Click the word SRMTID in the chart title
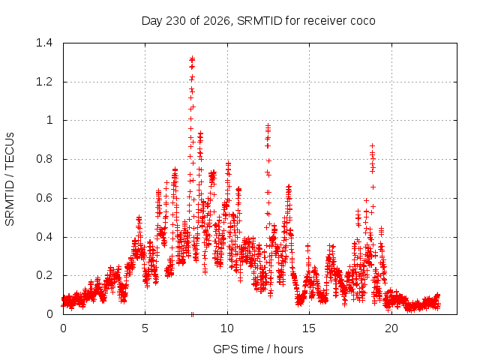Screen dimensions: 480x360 [x=259, y=21]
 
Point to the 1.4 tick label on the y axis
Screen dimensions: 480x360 [x=44, y=43]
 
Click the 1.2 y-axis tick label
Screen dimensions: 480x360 [x=44, y=82]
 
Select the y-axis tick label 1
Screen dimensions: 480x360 [x=49, y=120]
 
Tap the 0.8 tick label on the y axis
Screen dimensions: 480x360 [x=44, y=159]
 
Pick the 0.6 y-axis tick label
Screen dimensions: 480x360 [x=44, y=198]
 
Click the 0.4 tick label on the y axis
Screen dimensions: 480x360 [x=44, y=237]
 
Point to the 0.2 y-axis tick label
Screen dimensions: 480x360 [x=44, y=275]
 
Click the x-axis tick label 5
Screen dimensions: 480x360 [x=145, y=328]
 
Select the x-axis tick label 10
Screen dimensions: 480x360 [x=227, y=328]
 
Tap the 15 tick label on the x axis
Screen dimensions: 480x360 [x=309, y=328]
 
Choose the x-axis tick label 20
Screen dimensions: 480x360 [x=391, y=328]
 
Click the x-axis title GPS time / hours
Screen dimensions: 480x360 [x=258, y=349]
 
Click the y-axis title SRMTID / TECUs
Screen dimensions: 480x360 [x=10, y=179]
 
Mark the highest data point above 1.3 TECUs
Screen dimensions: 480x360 [x=192, y=58]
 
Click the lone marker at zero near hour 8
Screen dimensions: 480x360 [x=192, y=314]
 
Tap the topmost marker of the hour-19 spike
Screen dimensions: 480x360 [x=372, y=145]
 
